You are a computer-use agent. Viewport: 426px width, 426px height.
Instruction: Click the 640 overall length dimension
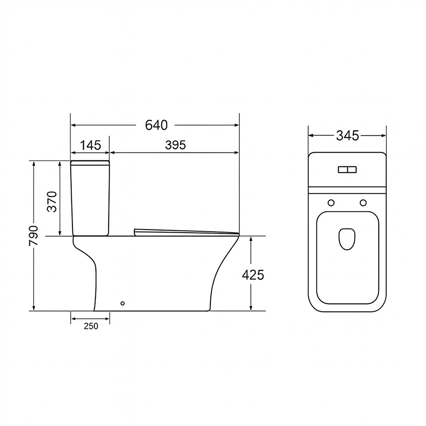point(156,125)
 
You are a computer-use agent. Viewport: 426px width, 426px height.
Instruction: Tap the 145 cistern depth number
point(90,145)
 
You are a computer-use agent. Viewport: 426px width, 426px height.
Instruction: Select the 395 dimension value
point(176,145)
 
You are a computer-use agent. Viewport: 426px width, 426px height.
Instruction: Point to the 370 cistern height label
point(52,201)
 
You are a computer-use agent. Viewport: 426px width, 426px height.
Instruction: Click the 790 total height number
point(34,235)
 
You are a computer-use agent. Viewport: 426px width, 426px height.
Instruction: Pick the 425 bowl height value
point(253,275)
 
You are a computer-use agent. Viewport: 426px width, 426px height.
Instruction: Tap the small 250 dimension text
point(91,326)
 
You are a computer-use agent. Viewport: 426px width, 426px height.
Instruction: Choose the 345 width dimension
point(348,135)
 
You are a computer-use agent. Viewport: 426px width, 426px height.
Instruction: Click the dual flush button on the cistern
point(347,170)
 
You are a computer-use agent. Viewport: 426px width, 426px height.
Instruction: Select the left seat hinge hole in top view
point(331,203)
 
